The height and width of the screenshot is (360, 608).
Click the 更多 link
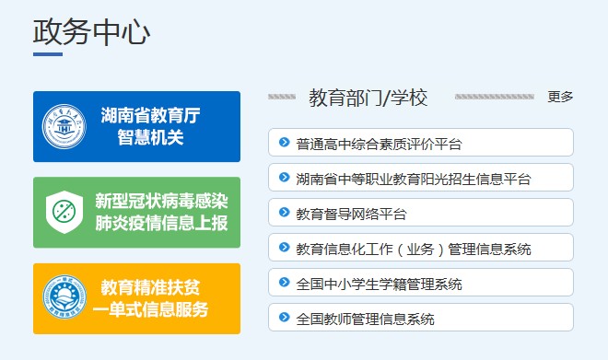(560, 97)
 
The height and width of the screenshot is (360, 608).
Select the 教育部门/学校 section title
(368, 98)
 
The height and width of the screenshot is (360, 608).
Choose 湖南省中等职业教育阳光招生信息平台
(414, 179)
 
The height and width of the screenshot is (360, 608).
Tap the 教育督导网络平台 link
(351, 214)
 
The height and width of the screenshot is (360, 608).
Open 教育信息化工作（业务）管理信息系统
(414, 249)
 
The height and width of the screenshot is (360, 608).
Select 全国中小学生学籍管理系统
(379, 284)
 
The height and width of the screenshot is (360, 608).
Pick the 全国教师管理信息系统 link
(365, 319)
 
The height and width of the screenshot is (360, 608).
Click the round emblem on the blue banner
(64, 127)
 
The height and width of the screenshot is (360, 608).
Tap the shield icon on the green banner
(64, 213)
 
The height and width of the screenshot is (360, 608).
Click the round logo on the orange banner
(64, 298)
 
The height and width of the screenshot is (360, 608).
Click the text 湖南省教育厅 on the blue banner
(150, 115)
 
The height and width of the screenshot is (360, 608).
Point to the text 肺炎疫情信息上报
(161, 224)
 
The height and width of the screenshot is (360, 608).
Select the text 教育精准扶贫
(151, 286)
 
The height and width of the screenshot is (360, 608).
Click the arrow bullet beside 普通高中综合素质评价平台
(285, 143)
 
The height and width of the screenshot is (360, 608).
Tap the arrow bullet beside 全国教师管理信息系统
(285, 319)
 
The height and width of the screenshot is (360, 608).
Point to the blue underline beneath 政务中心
(48, 54)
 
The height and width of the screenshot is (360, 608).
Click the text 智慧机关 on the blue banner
(150, 137)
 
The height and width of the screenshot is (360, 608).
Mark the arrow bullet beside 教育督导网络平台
(285, 214)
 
